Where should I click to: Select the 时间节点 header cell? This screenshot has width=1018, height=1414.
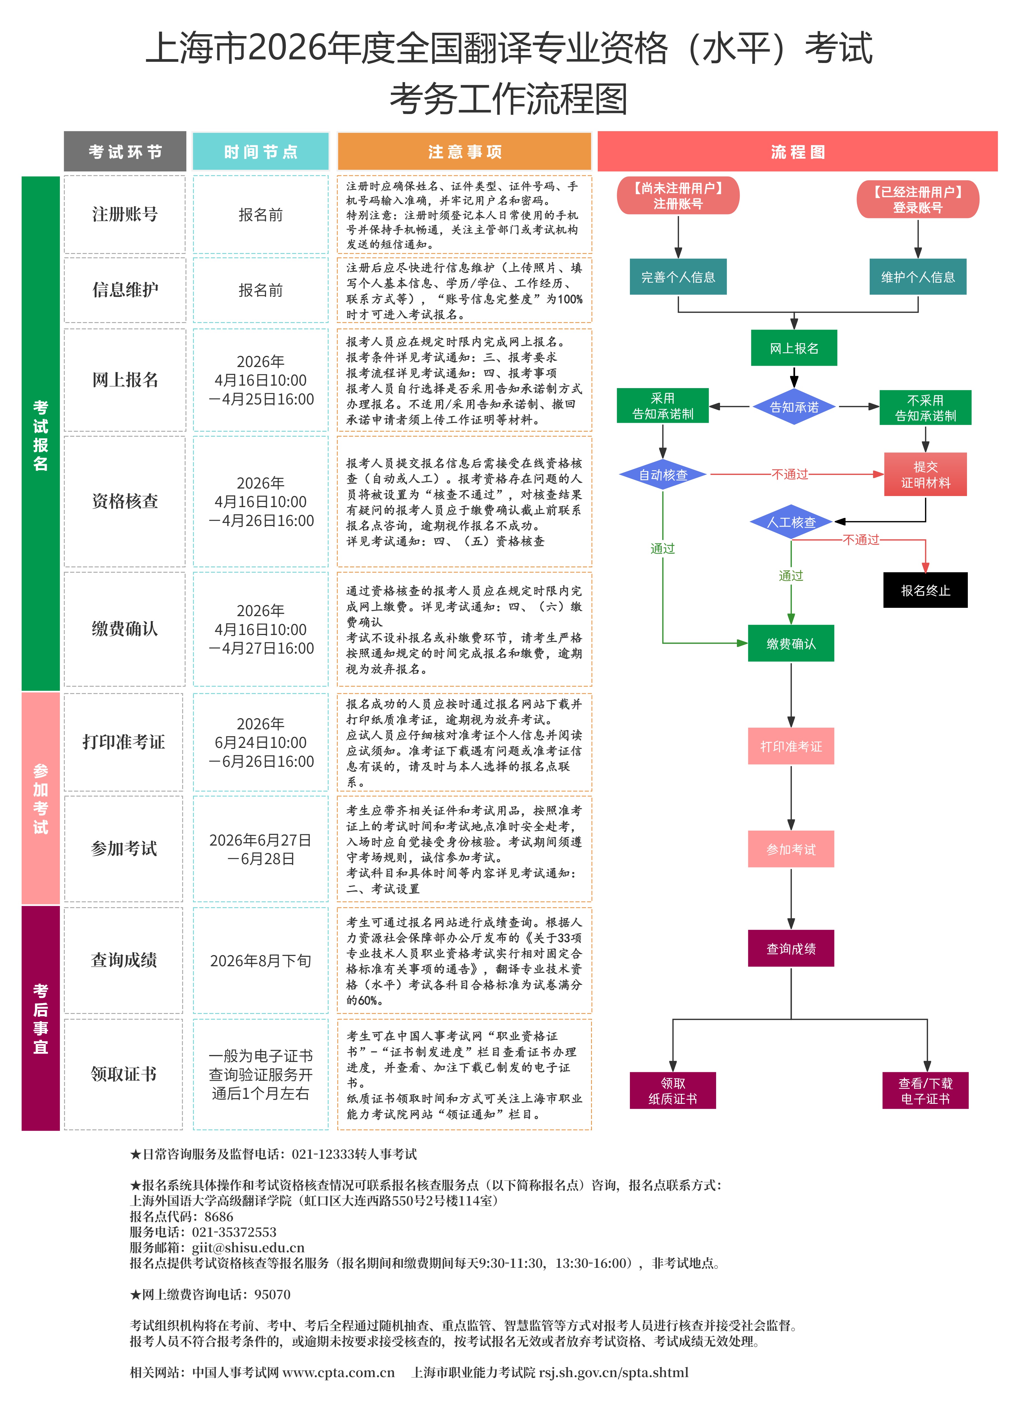(260, 151)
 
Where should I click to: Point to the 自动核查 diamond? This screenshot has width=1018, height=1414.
(663, 474)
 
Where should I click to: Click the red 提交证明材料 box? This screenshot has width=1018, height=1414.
(925, 474)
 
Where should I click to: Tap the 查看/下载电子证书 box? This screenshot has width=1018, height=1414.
(925, 1091)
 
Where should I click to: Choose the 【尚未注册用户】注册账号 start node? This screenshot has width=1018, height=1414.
(678, 196)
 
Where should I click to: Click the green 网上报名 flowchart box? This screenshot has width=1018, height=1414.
(794, 348)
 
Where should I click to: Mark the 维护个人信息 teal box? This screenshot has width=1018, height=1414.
(918, 277)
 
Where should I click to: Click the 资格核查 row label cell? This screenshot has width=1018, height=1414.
(124, 501)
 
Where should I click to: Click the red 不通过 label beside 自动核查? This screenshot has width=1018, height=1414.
(789, 474)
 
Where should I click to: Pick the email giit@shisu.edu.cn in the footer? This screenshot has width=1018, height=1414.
(248, 1248)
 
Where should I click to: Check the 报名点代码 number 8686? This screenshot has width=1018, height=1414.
(219, 1216)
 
